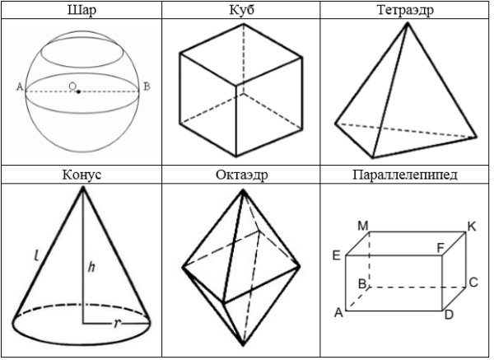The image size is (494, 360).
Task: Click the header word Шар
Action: click(82, 10)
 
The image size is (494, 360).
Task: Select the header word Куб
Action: click(241, 10)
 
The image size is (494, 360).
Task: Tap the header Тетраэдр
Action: click(405, 10)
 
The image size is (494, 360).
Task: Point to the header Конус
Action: click(82, 175)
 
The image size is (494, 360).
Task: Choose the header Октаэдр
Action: click(241, 175)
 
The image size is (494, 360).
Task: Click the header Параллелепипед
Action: click(405, 175)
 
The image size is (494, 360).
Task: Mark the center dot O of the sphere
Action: click(78, 91)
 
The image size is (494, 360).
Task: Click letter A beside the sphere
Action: click(20, 86)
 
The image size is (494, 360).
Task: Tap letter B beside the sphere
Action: click(147, 86)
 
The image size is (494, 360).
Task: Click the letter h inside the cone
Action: click(91, 267)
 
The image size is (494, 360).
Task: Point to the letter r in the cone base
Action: click(117, 323)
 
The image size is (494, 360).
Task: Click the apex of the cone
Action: click(83, 187)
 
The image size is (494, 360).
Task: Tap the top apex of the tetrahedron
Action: click(408, 23)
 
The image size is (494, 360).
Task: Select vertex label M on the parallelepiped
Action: click(363, 226)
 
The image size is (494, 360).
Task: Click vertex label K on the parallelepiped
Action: click(472, 227)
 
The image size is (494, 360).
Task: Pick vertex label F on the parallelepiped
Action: click(440, 249)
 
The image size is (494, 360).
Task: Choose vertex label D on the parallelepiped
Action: click(449, 315)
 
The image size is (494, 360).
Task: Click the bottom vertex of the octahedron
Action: click(243, 345)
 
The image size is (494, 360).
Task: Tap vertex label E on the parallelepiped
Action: click(337, 255)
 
